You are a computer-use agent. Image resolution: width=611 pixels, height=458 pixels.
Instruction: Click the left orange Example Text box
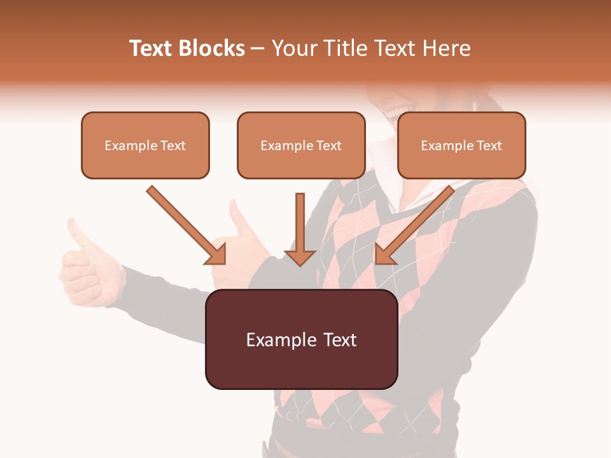[x=145, y=146]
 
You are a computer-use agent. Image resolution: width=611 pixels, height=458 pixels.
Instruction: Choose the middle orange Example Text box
[x=301, y=146]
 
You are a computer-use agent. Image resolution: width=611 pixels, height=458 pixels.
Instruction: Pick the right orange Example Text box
[x=461, y=146]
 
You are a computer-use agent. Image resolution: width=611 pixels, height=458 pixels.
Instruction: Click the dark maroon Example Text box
[x=301, y=340]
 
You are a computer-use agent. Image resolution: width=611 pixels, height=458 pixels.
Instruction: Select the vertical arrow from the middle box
[x=300, y=223]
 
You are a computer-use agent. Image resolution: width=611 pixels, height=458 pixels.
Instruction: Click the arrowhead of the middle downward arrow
[x=300, y=257]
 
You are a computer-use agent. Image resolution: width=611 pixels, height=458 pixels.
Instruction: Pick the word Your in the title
[x=294, y=48]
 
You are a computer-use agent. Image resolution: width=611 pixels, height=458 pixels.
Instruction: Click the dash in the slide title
[x=258, y=49]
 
